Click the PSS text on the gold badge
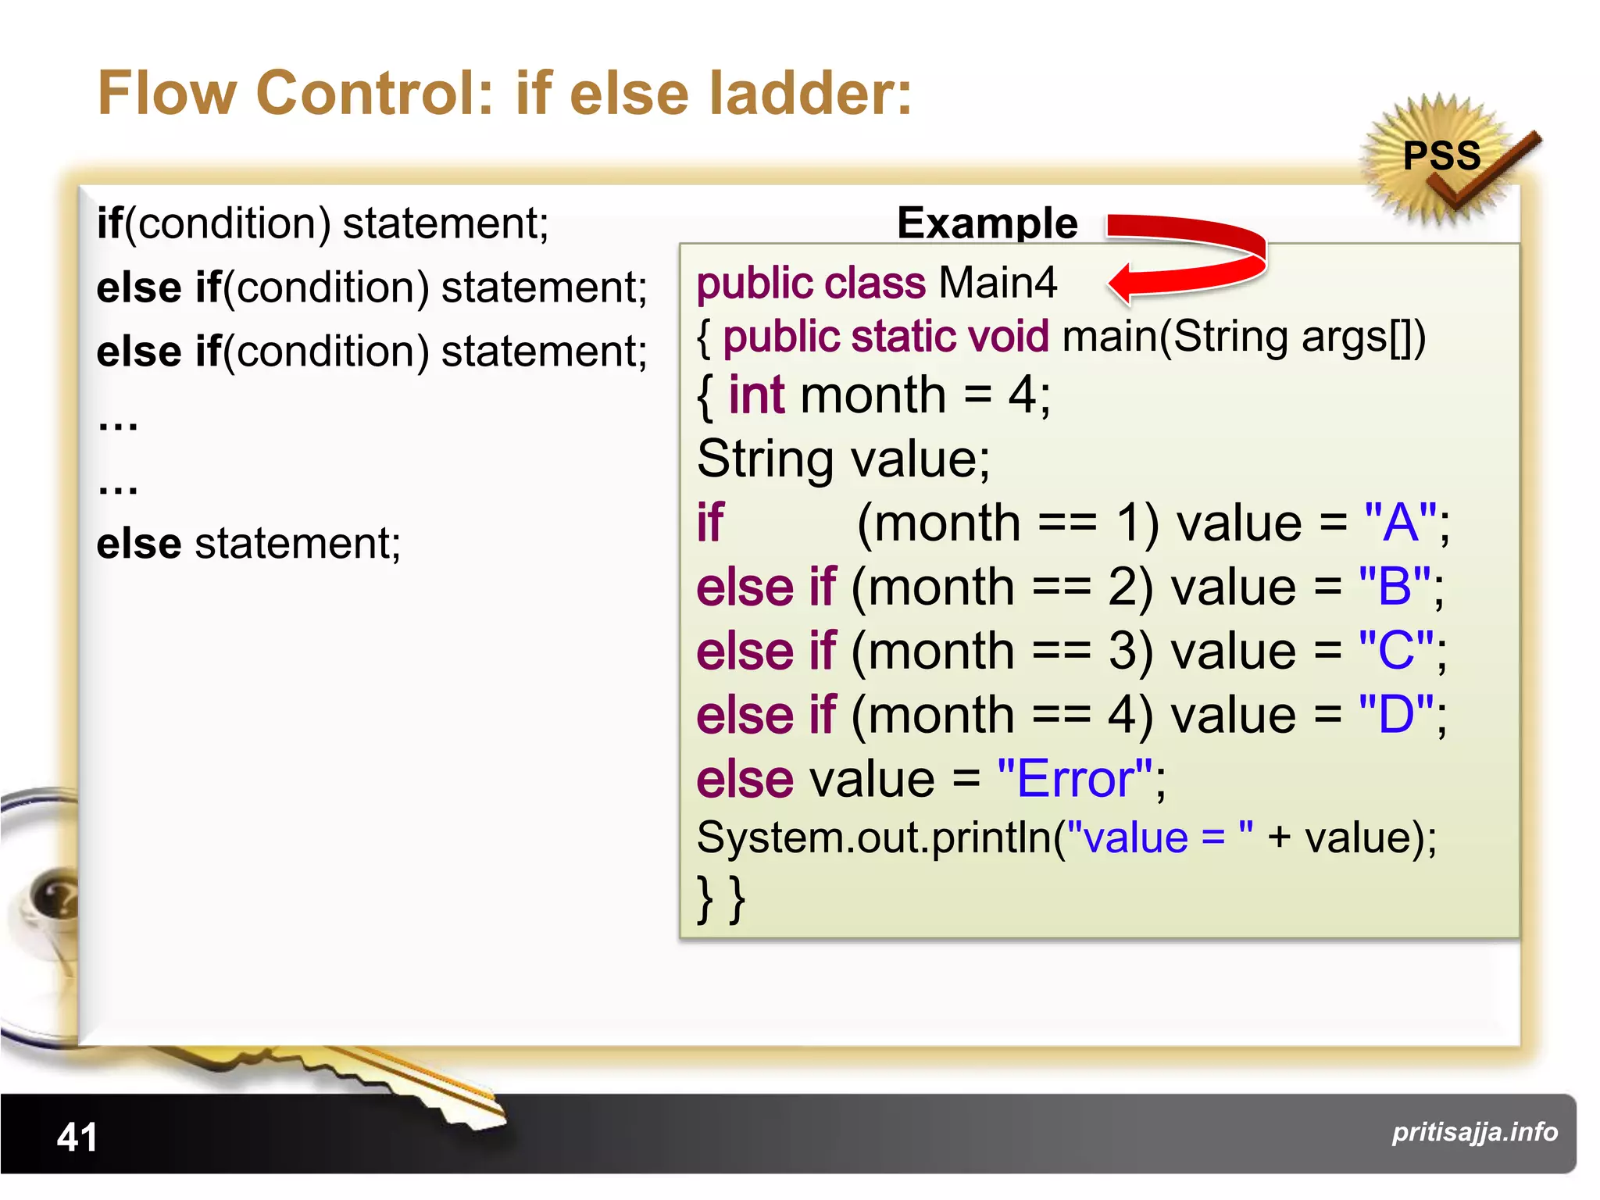pyautogui.click(x=1441, y=155)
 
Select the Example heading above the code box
pyautogui.click(x=987, y=223)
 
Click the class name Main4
pyautogui.click(x=998, y=282)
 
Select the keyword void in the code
pyautogui.click(x=1008, y=337)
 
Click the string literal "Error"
pyautogui.click(x=1075, y=779)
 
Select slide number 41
pyautogui.click(x=77, y=1137)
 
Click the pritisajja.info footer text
pyautogui.click(x=1474, y=1131)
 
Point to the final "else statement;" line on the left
pyautogui.click(x=248, y=543)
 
